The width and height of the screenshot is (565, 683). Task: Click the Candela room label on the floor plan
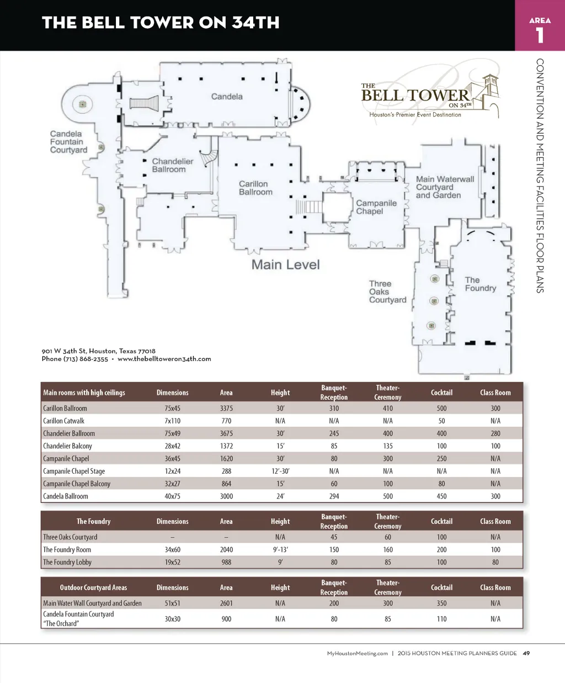tap(227, 97)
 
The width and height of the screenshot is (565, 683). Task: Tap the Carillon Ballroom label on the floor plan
tap(255, 188)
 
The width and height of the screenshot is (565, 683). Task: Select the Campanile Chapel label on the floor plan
tap(376, 207)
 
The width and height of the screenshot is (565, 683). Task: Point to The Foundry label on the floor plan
tap(480, 284)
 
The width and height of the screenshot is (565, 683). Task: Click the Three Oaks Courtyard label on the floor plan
tap(387, 292)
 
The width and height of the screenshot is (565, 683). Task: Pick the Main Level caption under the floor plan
tap(285, 265)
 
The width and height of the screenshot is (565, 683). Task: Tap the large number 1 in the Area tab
tap(540, 35)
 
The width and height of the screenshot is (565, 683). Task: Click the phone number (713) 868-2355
tap(86, 359)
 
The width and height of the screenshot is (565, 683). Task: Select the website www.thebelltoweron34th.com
tap(164, 359)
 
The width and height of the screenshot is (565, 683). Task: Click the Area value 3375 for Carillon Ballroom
tap(226, 409)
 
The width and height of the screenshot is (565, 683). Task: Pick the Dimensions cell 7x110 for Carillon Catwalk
tap(172, 421)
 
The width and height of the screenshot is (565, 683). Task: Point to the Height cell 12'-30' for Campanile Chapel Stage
tap(280, 471)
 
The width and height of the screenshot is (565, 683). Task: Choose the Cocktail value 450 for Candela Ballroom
tap(441, 496)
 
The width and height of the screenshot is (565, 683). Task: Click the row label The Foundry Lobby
tap(67, 562)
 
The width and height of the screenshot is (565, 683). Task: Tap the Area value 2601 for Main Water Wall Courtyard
tap(226, 603)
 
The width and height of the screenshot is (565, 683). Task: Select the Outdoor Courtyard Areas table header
tap(93, 587)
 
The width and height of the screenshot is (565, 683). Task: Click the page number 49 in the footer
tap(526, 653)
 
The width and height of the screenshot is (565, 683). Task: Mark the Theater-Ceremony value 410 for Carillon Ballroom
tap(388, 409)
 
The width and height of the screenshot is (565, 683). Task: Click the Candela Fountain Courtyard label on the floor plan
tap(68, 142)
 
